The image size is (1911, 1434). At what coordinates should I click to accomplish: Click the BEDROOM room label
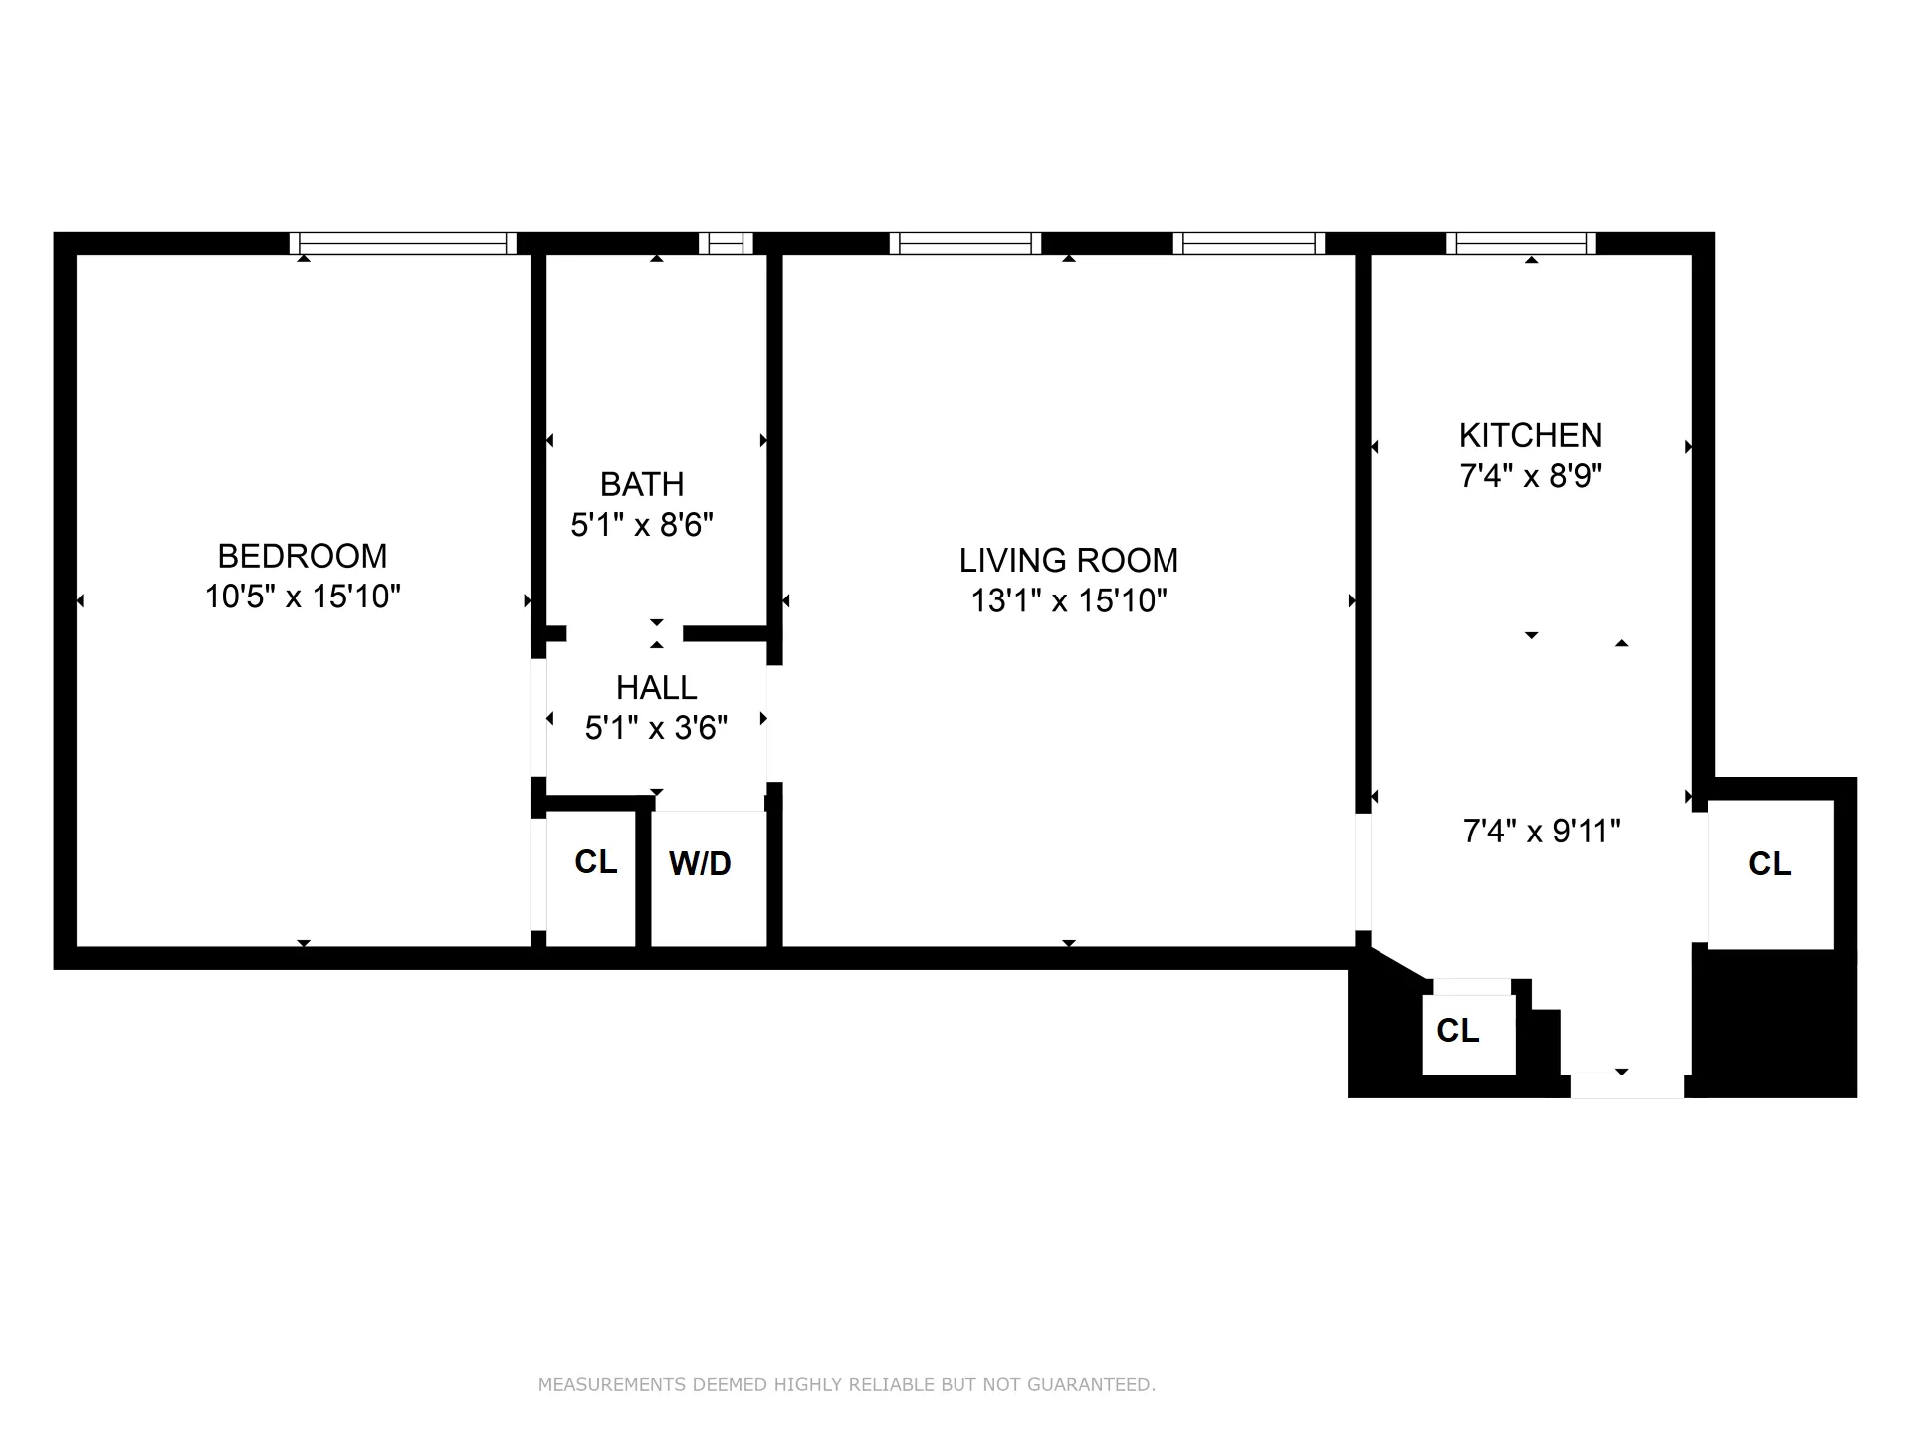pyautogui.click(x=303, y=556)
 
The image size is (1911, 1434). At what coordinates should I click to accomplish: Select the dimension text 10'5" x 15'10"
pyautogui.click(x=303, y=597)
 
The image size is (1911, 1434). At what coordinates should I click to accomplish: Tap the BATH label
pyautogui.click(x=642, y=485)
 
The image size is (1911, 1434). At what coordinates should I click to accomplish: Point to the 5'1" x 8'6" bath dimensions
pyautogui.click(x=642, y=525)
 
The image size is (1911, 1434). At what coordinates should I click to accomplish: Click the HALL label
pyautogui.click(x=656, y=688)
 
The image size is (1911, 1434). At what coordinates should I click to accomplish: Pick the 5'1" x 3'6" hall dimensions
pyautogui.click(x=656, y=728)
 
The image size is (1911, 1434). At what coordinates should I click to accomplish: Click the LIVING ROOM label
pyautogui.click(x=1068, y=561)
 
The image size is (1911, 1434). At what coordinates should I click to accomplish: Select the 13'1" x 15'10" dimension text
pyautogui.click(x=1068, y=600)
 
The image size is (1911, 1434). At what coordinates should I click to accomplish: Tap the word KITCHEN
pyautogui.click(x=1530, y=436)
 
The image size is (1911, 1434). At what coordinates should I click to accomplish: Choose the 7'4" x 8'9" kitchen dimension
pyautogui.click(x=1530, y=476)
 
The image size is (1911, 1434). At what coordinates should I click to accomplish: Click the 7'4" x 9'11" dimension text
pyautogui.click(x=1541, y=831)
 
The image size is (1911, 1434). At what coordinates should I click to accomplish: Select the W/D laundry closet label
pyautogui.click(x=700, y=864)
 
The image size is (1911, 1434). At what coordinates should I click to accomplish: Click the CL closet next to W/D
pyautogui.click(x=595, y=862)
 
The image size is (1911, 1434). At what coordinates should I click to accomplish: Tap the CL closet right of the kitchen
pyautogui.click(x=1769, y=864)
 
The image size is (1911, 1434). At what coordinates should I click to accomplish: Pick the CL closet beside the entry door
pyautogui.click(x=1457, y=1031)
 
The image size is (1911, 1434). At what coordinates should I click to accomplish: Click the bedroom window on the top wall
pyautogui.click(x=403, y=243)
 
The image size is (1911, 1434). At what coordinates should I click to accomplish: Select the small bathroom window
pyautogui.click(x=726, y=243)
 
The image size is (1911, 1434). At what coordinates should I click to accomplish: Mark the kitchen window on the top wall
pyautogui.click(x=1521, y=243)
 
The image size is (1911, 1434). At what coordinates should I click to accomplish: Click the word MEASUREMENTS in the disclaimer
pyautogui.click(x=611, y=1385)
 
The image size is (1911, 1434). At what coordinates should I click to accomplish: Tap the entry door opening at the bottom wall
pyautogui.click(x=1626, y=1086)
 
